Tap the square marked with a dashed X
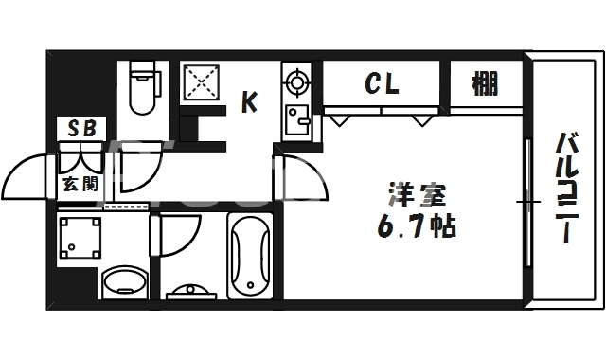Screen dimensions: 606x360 [x=201, y=82]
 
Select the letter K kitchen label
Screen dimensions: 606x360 [x=249, y=101]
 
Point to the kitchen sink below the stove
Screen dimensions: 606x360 [x=299, y=121]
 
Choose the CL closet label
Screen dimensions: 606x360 [x=382, y=84]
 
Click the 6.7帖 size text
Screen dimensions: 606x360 [x=417, y=227]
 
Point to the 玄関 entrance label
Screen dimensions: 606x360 [x=80, y=184]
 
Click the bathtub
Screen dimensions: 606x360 [x=250, y=255]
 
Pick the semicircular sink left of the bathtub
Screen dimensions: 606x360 [x=192, y=290]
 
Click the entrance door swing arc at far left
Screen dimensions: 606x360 [x=26, y=174]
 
